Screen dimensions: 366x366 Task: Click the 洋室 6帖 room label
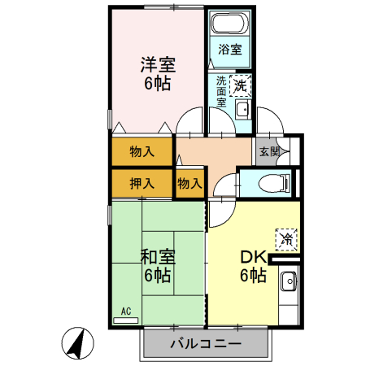(x=158, y=72)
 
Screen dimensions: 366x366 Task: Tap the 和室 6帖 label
(x=155, y=266)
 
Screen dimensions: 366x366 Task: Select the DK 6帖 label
(x=252, y=266)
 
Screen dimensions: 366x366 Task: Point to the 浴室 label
(x=229, y=49)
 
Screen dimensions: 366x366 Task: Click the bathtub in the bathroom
(x=229, y=24)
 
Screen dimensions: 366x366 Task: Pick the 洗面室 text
(x=221, y=92)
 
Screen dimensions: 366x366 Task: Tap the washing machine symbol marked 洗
(x=241, y=83)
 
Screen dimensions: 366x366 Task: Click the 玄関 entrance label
(x=268, y=151)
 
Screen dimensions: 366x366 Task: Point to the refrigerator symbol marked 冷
(x=285, y=238)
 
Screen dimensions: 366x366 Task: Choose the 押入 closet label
(x=142, y=183)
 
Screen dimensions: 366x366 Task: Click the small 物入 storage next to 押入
(x=190, y=183)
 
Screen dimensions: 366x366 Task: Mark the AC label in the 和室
(x=126, y=311)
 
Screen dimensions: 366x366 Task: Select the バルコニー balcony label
(x=205, y=344)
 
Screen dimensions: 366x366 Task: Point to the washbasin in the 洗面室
(x=242, y=110)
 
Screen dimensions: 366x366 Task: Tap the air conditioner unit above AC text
(x=126, y=320)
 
